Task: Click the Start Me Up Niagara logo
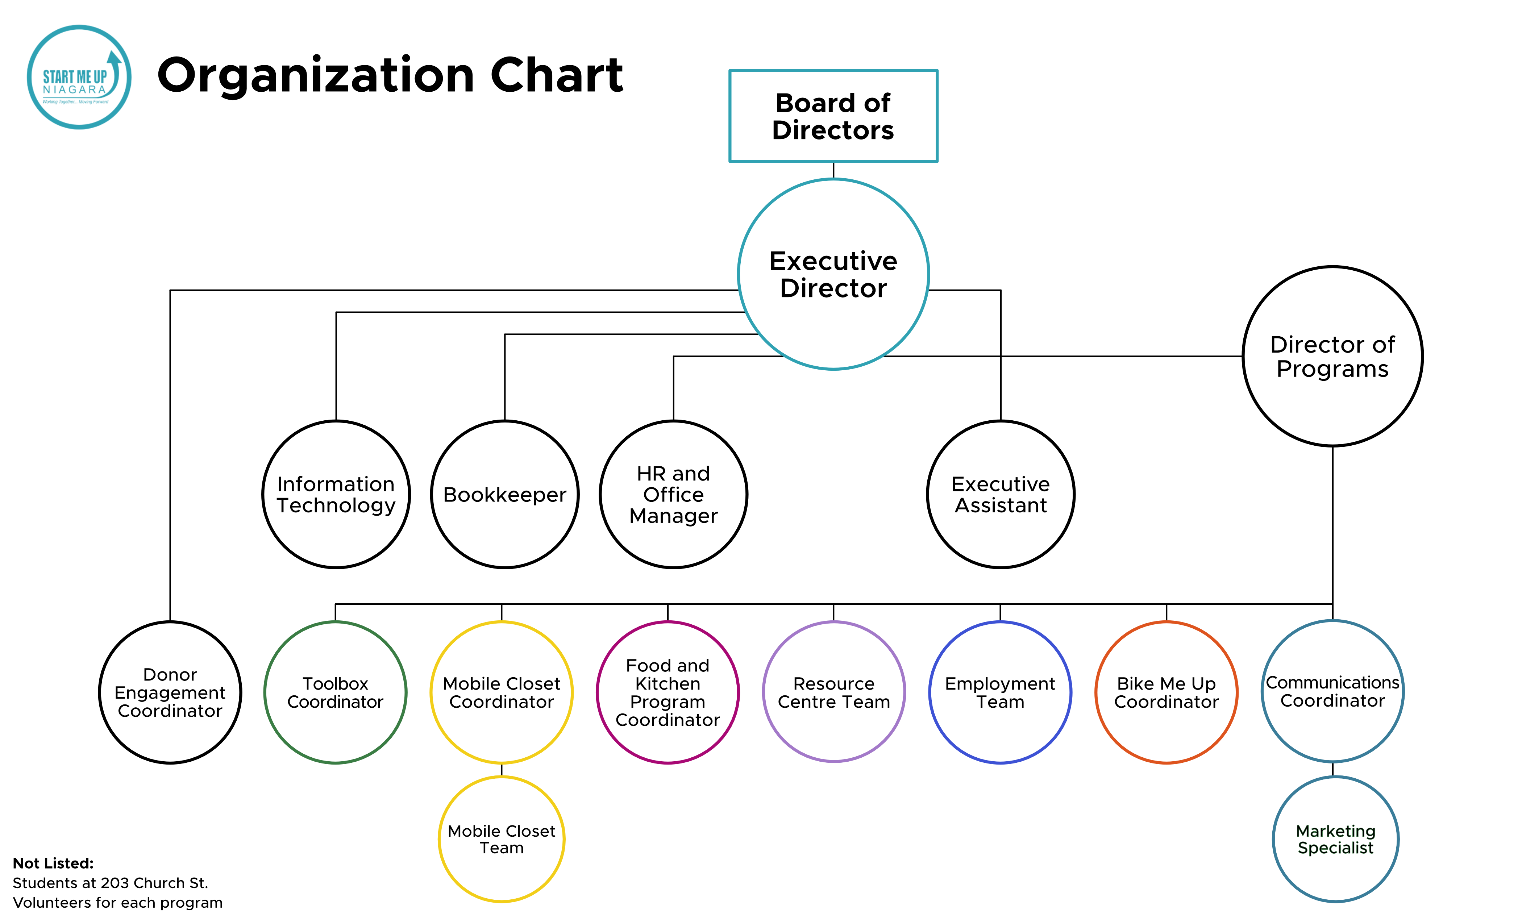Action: pos(79,77)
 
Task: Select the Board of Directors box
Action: pos(833,116)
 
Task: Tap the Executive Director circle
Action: pos(833,274)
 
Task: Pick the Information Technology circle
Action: pos(336,494)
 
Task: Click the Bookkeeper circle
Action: pos(505,494)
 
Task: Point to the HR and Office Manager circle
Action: pos(673,494)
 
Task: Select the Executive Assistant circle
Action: pos(1000,494)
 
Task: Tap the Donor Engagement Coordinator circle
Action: pos(170,692)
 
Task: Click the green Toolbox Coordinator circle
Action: pos(336,692)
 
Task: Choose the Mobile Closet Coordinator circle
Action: pos(502,692)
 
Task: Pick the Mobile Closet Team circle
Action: pos(502,839)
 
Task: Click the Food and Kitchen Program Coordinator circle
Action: pos(668,692)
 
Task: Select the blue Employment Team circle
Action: pos(1000,692)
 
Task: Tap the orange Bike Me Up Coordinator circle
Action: pos(1166,692)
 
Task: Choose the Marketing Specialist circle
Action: pos(1335,839)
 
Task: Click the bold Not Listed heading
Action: pos(53,863)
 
